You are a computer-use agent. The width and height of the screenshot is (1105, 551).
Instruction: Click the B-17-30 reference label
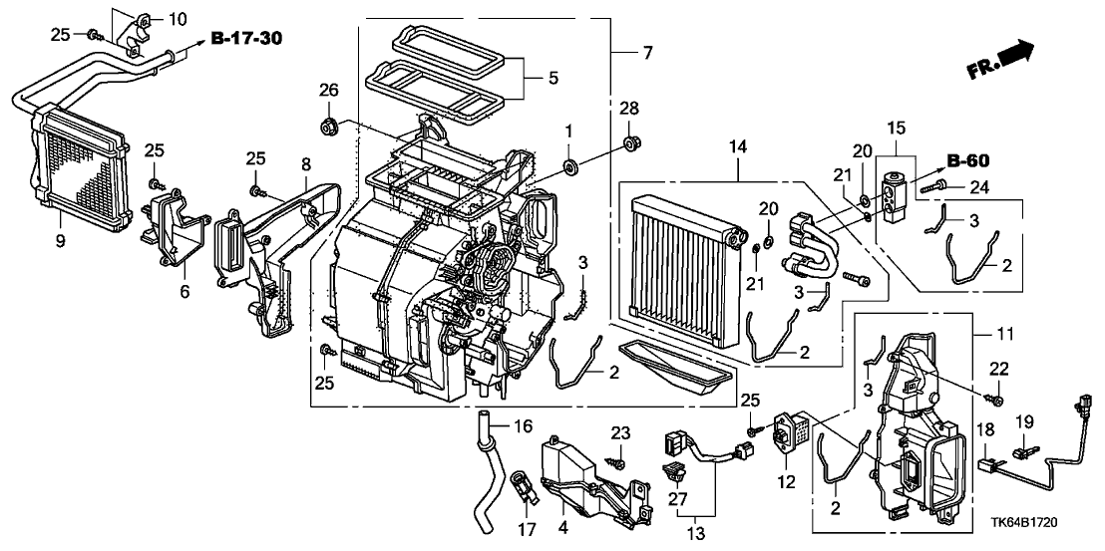coord(245,39)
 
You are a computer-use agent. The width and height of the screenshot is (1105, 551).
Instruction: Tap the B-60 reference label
coord(966,160)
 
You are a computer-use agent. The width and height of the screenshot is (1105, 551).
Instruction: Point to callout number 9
coord(60,241)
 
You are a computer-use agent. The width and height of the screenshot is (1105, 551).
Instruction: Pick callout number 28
coord(628,107)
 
